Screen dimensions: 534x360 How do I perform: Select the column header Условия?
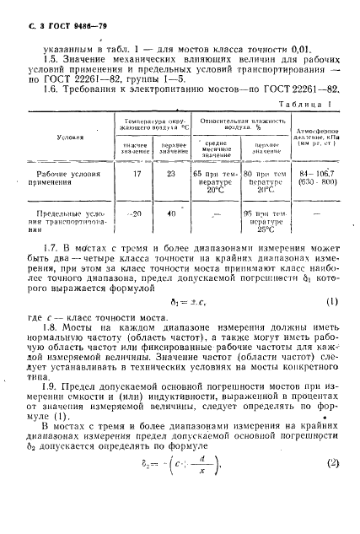point(67,135)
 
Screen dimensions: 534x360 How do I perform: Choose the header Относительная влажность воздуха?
point(240,125)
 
